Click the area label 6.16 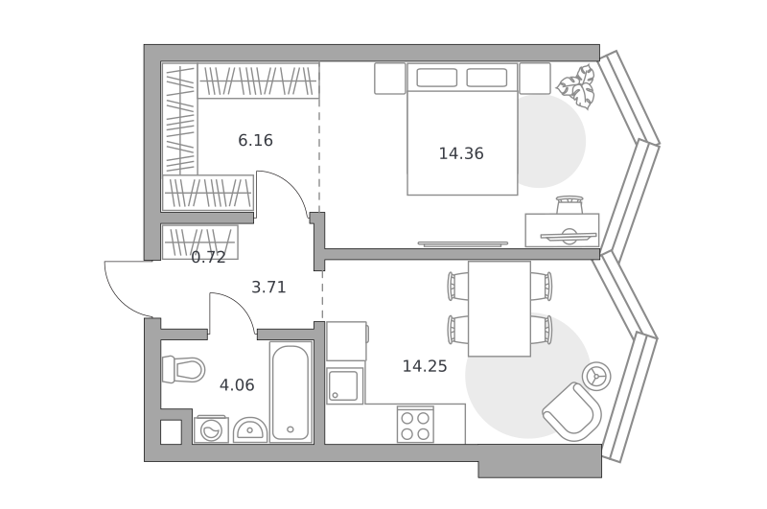255,140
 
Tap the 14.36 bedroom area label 461,153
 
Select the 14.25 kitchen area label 425,366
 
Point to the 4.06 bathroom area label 237,385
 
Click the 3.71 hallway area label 268,287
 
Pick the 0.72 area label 208,257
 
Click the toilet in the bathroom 183,369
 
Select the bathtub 291,392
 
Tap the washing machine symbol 211,429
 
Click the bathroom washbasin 250,429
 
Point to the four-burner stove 415,425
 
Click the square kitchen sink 344,385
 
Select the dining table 500,309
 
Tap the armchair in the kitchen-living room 571,411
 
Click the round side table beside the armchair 596,376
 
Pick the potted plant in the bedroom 577,87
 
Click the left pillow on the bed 437,78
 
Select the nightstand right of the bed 535,79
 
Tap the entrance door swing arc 123,297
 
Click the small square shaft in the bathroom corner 172,432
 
